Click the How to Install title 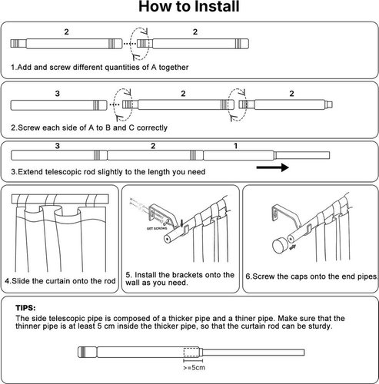click(189, 6)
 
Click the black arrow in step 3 click(272, 167)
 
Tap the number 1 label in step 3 click(236, 146)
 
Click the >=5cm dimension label click(194, 368)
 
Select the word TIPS click(25, 308)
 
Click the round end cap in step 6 click(280, 246)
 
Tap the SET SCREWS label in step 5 click(157, 228)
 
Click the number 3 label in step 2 click(58, 94)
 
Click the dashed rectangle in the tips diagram click(191, 352)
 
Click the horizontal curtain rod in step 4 click(60, 199)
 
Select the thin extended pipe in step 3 click(302, 155)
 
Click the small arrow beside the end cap click(292, 247)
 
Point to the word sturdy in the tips click(320, 326)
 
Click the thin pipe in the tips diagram click(252, 353)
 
